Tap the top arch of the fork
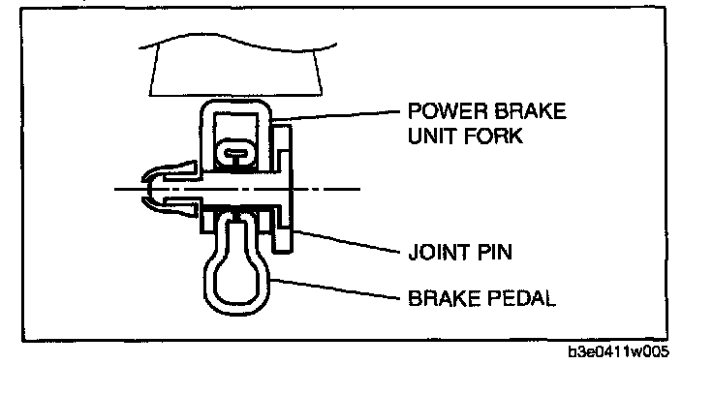pos(238,106)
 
